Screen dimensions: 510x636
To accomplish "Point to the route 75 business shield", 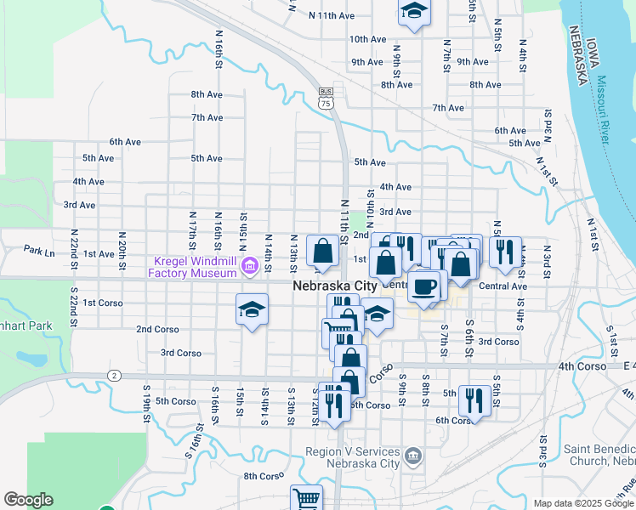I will (x=327, y=98).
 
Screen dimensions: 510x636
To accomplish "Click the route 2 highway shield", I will (x=113, y=375).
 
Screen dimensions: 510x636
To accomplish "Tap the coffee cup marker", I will (x=424, y=286).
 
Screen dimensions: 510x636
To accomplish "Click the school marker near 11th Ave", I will (x=414, y=12).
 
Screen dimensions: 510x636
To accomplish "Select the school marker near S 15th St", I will (x=252, y=310).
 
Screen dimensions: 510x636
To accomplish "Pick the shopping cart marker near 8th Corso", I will (x=306, y=499).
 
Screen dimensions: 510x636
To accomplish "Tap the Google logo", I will (x=28, y=500).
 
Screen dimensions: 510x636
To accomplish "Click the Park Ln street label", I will (x=39, y=251).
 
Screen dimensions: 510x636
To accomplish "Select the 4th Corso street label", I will (x=582, y=365).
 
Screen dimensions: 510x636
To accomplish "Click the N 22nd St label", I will (x=75, y=244).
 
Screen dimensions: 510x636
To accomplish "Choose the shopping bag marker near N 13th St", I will (x=323, y=251).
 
